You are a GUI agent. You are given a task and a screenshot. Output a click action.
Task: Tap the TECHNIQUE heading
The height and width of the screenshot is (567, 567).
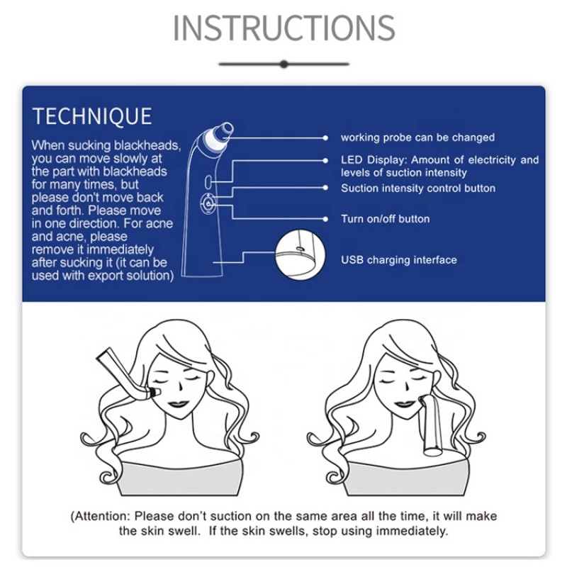[92, 116]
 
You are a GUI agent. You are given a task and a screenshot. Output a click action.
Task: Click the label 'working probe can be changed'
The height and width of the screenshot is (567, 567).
[417, 137]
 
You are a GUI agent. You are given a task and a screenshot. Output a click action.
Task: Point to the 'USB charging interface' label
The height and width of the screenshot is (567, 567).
[398, 260]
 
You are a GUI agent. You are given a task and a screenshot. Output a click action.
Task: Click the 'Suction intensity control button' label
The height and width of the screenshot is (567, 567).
[417, 189]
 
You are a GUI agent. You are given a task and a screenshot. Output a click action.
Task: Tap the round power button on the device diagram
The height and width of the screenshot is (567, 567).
[208, 203]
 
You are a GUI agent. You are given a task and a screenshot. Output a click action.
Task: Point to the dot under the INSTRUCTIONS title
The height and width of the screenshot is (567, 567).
[283, 64]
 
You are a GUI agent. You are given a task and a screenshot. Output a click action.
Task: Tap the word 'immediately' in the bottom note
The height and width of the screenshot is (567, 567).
[413, 531]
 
